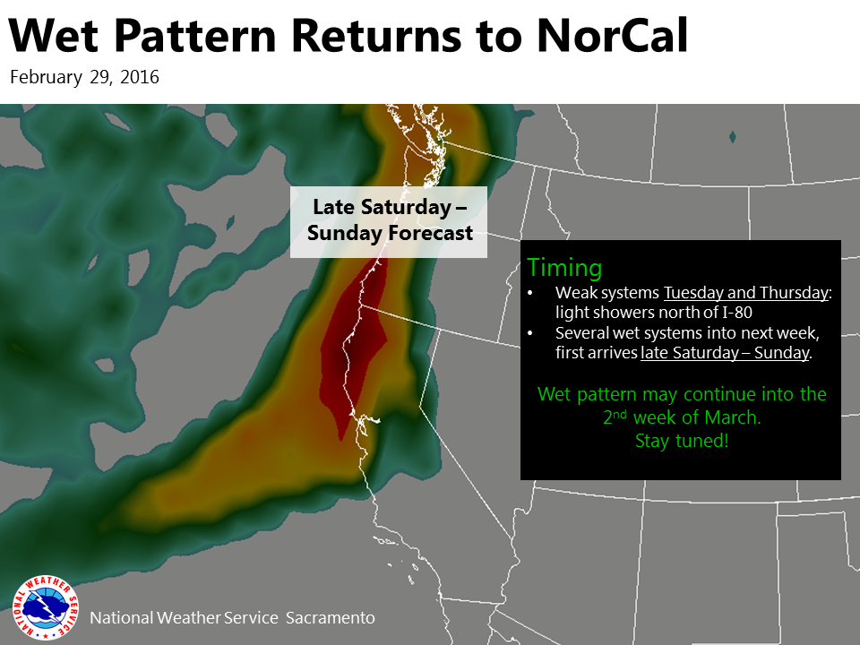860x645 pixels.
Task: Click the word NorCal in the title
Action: (612, 36)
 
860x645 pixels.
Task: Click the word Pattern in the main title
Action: (196, 36)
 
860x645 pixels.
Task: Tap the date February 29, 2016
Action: (84, 77)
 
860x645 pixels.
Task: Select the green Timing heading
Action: (564, 268)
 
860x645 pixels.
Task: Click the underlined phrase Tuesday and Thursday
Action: (746, 292)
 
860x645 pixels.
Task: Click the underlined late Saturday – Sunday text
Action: (725, 352)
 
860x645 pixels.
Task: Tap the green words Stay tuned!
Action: (682, 441)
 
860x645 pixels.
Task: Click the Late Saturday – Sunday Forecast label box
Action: (388, 221)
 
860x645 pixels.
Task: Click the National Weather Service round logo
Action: (46, 607)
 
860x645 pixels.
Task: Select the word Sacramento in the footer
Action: (331, 617)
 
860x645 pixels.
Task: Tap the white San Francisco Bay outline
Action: (365, 421)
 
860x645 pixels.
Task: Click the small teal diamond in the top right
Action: (732, 137)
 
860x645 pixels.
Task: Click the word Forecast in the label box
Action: (431, 233)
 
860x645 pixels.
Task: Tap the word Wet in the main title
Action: (53, 36)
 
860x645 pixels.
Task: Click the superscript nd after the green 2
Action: (620, 414)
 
